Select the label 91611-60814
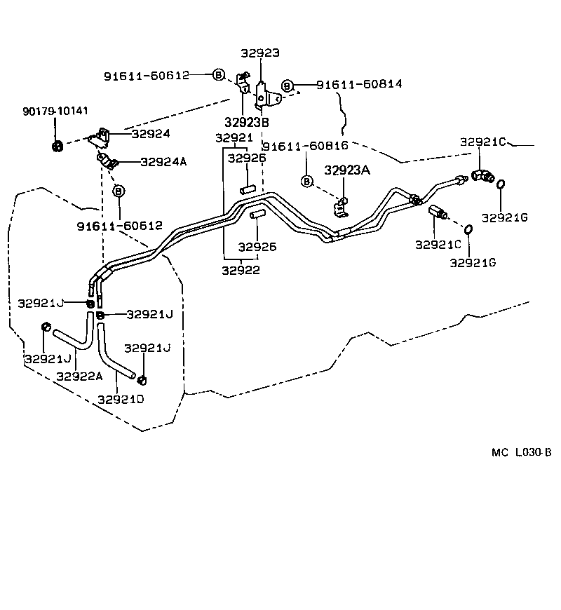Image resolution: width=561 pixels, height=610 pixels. [x=359, y=84]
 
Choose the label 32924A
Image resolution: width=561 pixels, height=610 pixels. [x=163, y=161]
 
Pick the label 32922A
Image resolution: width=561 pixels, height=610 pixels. [x=79, y=376]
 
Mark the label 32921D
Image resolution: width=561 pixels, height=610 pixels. [x=121, y=399]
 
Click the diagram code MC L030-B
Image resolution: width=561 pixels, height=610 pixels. [x=521, y=452]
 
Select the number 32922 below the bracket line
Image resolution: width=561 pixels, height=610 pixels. [x=241, y=270]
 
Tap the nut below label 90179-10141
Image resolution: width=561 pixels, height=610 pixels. [x=56, y=147]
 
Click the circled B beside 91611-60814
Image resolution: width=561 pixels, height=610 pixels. [x=287, y=85]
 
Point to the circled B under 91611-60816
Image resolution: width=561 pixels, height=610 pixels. [x=306, y=182]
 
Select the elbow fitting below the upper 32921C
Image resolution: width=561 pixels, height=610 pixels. [x=483, y=175]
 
